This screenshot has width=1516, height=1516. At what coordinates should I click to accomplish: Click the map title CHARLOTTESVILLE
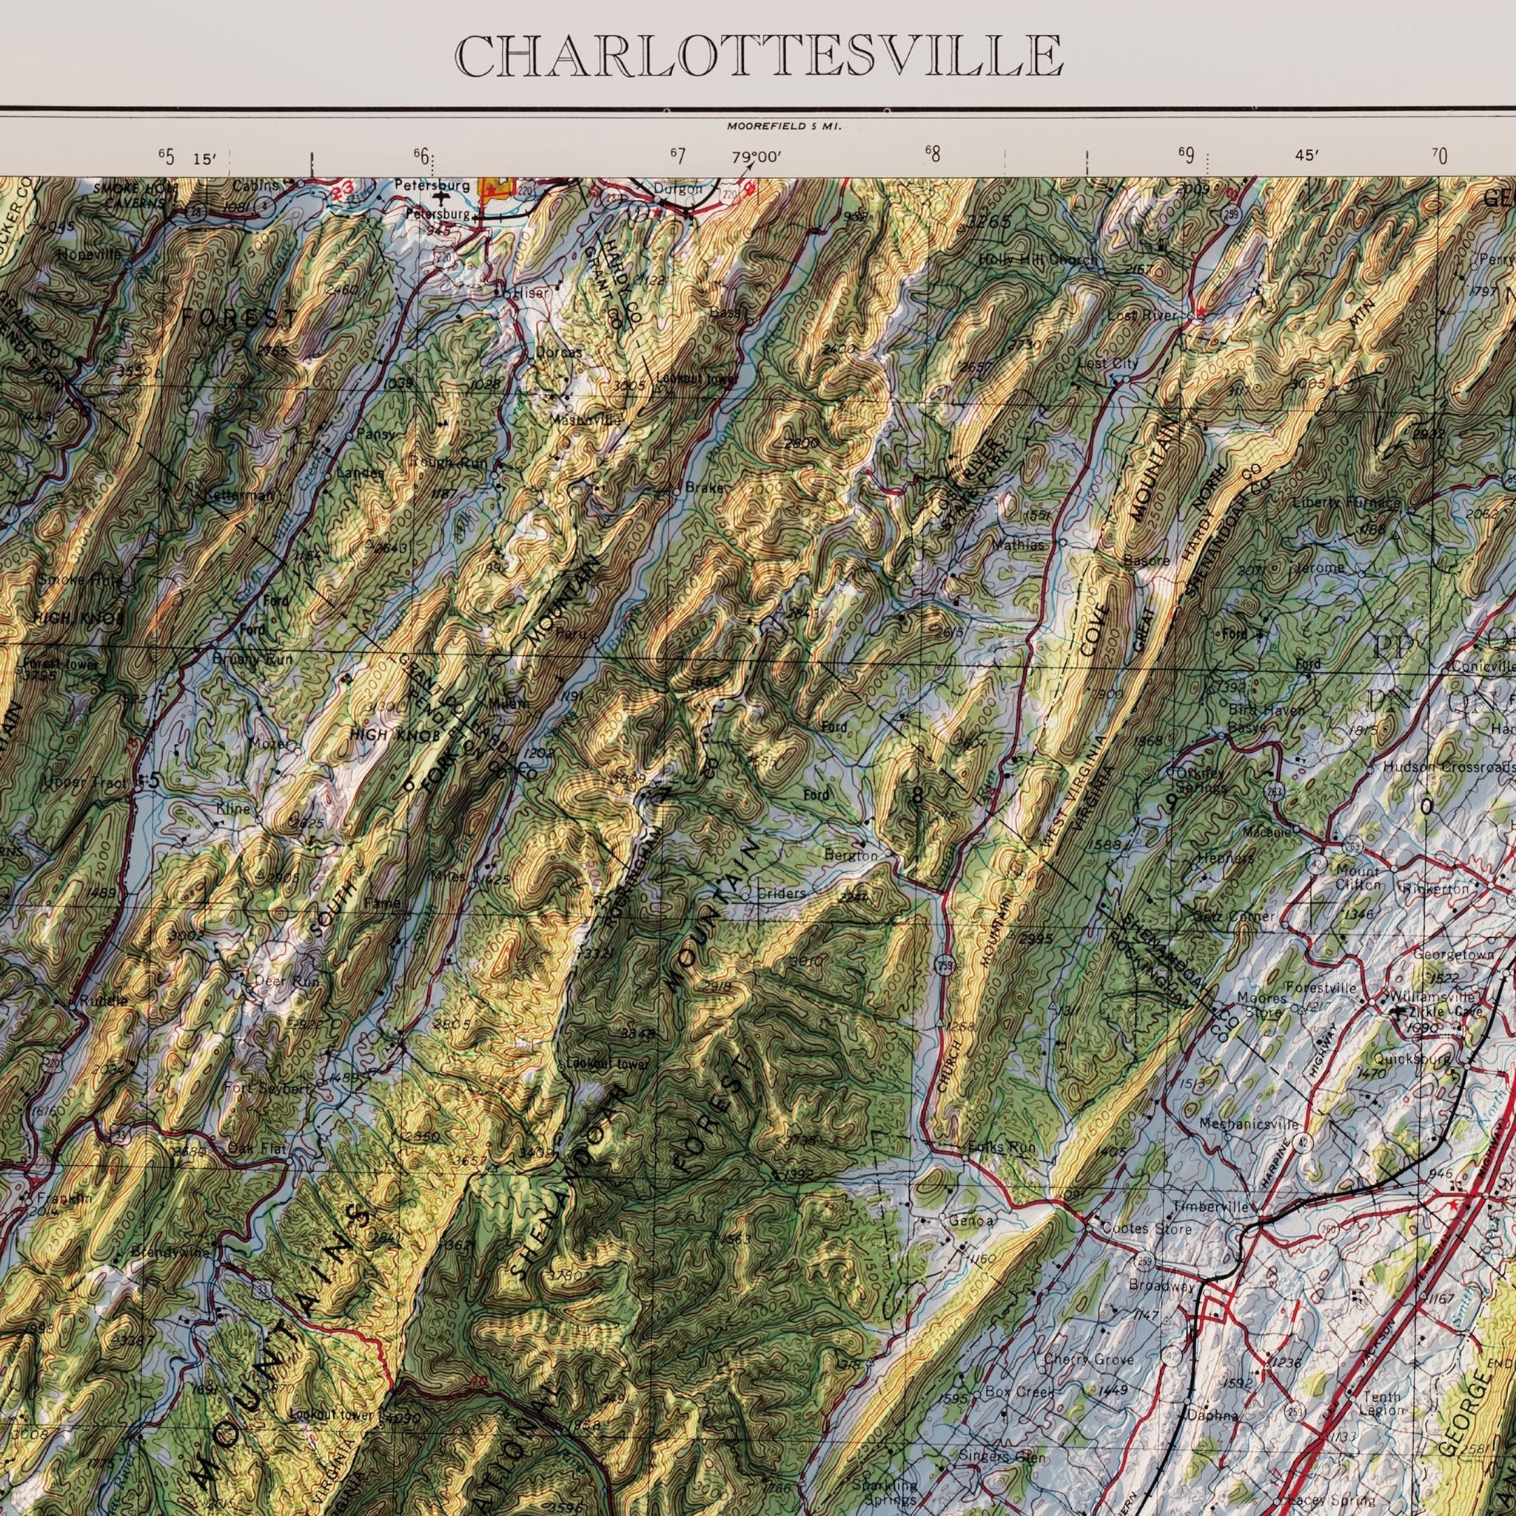pos(758,56)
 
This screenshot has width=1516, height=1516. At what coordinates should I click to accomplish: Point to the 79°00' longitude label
pos(757,157)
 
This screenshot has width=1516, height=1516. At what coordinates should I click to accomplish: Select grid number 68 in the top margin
pos(932,154)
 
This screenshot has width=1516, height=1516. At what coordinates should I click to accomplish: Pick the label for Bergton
pos(851,855)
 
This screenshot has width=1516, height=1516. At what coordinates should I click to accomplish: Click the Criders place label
pos(782,893)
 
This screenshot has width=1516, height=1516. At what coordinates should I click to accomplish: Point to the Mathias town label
pos(1019,545)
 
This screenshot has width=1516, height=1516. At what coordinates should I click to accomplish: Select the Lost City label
pos(1107,364)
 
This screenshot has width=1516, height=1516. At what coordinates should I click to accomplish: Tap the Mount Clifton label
pos(1358,878)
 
